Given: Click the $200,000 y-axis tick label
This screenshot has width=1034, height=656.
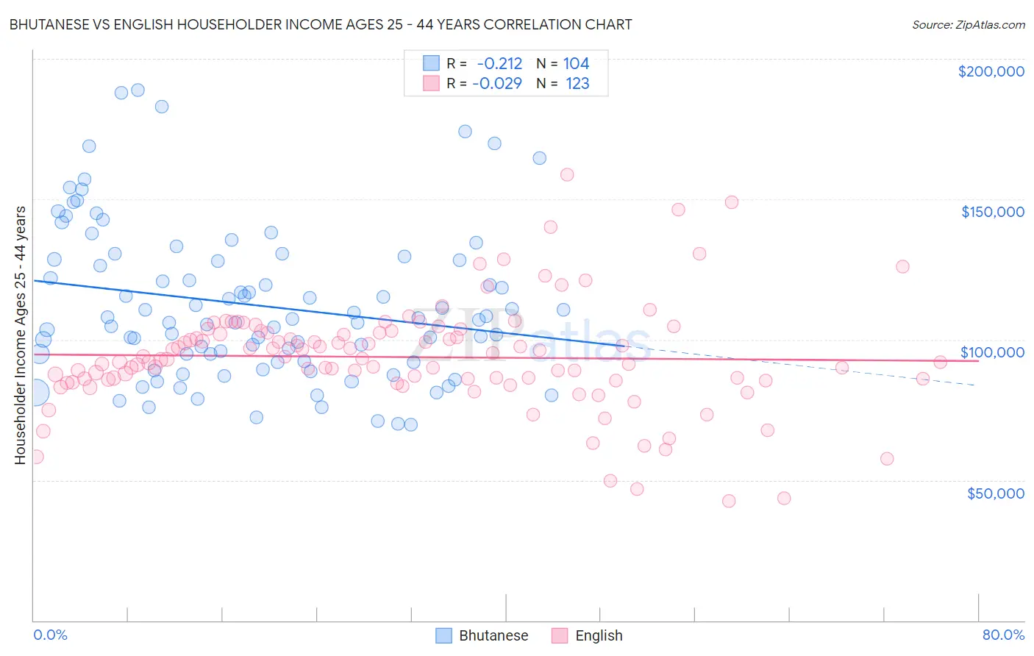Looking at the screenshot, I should pos(991,71).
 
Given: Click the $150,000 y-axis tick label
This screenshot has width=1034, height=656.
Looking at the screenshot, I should pos(992,212).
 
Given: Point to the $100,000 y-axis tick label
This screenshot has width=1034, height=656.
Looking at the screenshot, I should pos(992,352).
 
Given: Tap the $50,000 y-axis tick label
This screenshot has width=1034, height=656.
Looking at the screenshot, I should pos(995,493).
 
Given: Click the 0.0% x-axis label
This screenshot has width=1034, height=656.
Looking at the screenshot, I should pos(50,635).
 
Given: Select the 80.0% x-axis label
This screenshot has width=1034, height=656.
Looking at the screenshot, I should pos(1003,635).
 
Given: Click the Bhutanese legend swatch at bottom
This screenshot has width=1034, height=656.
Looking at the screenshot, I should pos(443,635).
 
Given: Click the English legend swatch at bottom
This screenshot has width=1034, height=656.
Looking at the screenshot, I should pos(560,635).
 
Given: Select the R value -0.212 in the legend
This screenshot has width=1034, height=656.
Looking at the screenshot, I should pos(499,64).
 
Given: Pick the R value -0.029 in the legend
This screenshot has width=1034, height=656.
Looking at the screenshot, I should pos(497,84).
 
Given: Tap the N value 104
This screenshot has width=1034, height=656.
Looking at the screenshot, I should pos(576,64).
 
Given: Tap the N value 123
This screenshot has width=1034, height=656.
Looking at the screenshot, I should pos(577,84).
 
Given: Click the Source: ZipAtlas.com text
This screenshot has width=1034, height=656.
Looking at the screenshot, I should pos(968,25).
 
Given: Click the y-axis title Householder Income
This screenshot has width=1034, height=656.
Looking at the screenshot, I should pos(20,335).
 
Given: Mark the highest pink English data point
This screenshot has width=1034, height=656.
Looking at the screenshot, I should pos(567,175).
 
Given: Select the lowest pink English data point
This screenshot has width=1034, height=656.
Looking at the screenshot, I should pos(729,501).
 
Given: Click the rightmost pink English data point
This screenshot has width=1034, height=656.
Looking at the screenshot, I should pos(940,362).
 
